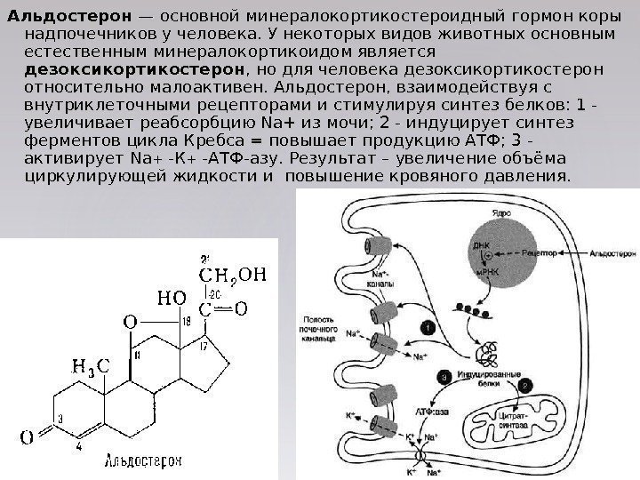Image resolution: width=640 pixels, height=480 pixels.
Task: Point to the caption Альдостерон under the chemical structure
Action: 143,461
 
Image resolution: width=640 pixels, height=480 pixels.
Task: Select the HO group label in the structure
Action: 172,296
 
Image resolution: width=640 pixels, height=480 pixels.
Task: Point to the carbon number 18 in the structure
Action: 186,320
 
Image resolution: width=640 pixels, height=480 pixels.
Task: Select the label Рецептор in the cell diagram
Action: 539,252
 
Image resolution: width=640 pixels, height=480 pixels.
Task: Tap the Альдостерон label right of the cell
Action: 608,252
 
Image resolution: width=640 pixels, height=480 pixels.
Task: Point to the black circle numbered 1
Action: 428,328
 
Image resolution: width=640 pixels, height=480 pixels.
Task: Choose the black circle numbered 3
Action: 444,376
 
